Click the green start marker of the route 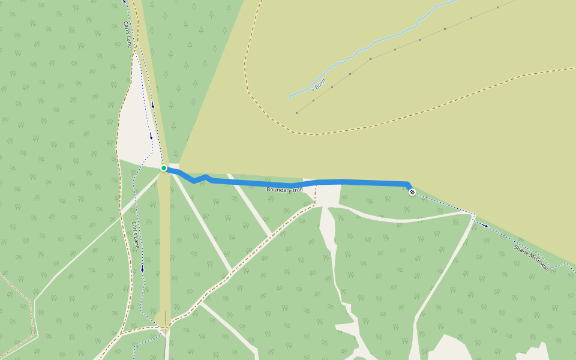164,168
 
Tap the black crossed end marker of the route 412,192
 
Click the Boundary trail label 285,190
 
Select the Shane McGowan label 531,257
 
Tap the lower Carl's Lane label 136,235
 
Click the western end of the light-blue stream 290,97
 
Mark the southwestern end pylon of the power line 296,112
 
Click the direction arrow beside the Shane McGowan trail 485,226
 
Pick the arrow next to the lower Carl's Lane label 142,268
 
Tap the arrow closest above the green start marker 151,136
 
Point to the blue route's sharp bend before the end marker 408,184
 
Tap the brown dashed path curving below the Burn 360,127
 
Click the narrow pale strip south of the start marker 164,252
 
